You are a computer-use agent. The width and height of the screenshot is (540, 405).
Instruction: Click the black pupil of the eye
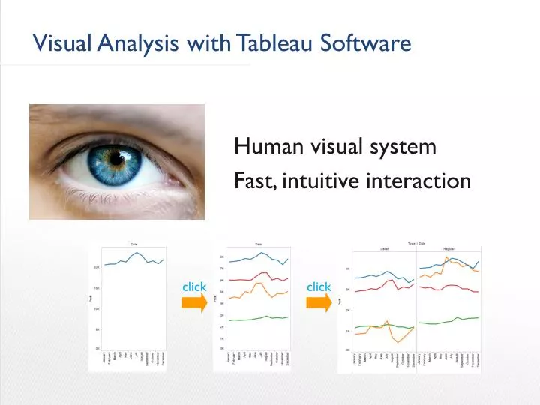click(x=116, y=159)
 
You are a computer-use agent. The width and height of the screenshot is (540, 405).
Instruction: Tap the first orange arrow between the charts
click(x=193, y=302)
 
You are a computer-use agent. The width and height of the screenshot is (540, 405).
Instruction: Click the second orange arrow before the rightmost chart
click(x=319, y=302)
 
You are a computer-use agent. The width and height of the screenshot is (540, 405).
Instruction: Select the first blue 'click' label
click(x=193, y=286)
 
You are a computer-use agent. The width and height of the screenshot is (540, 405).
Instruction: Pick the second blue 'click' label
click(x=319, y=286)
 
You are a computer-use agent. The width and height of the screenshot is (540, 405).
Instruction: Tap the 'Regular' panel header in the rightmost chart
click(x=448, y=248)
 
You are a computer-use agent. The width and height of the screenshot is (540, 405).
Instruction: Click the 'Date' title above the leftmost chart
click(x=134, y=244)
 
